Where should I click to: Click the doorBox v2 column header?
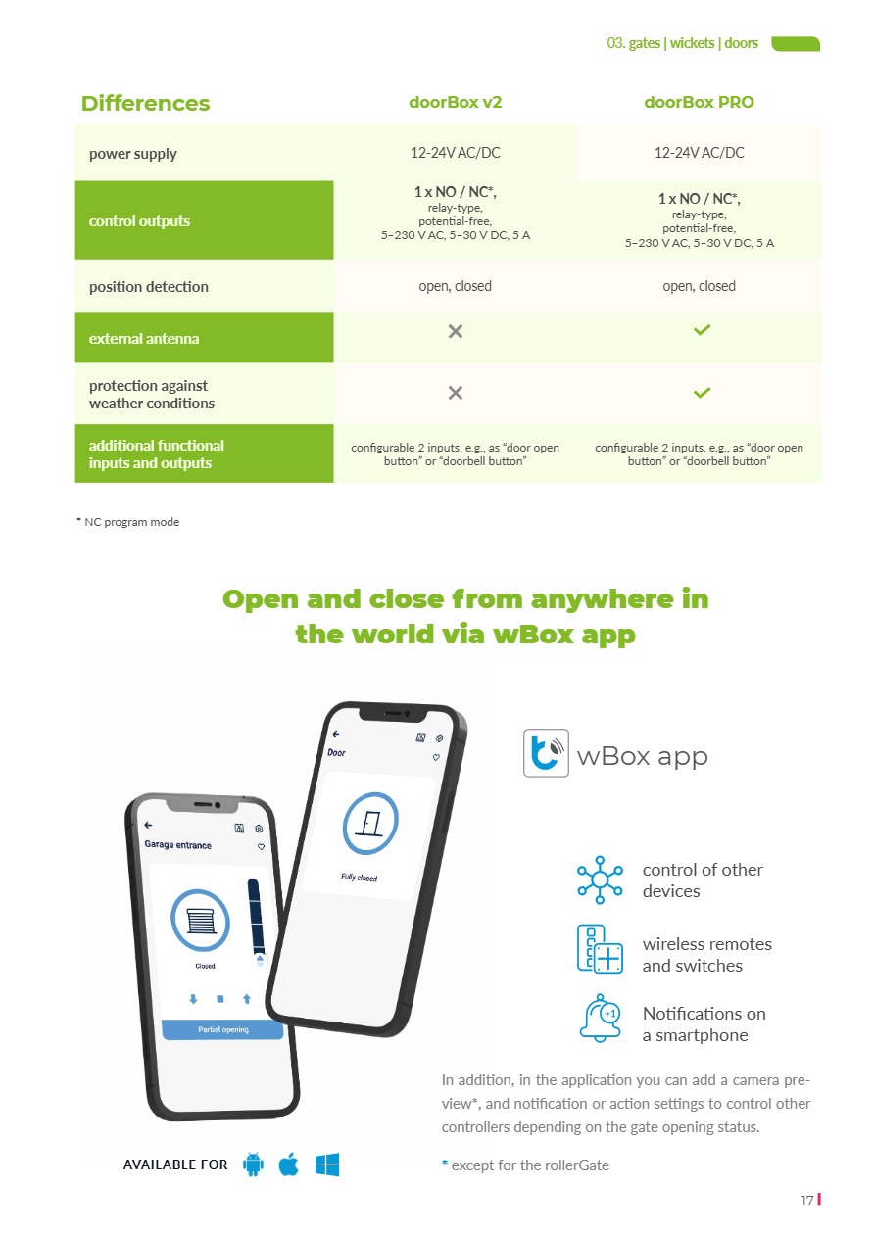click(x=455, y=102)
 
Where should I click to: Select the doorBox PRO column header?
click(x=699, y=102)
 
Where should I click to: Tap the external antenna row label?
click(x=144, y=339)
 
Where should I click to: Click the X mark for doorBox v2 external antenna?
click(x=455, y=332)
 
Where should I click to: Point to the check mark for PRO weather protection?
click(x=701, y=393)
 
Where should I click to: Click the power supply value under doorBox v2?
click(x=455, y=153)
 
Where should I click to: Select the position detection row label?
click(x=149, y=287)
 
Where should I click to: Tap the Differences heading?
click(x=145, y=103)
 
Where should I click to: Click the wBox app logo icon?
click(x=546, y=753)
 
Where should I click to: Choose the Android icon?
click(x=253, y=1165)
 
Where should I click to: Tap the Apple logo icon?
click(x=289, y=1165)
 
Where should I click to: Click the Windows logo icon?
click(x=327, y=1165)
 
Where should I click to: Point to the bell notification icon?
click(x=600, y=1019)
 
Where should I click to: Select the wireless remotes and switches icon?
click(x=600, y=948)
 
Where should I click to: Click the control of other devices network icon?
click(x=600, y=879)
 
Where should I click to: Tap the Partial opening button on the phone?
click(x=222, y=1029)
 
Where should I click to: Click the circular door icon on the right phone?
click(x=370, y=824)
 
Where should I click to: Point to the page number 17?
click(x=807, y=1200)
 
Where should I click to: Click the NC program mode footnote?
click(x=128, y=522)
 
